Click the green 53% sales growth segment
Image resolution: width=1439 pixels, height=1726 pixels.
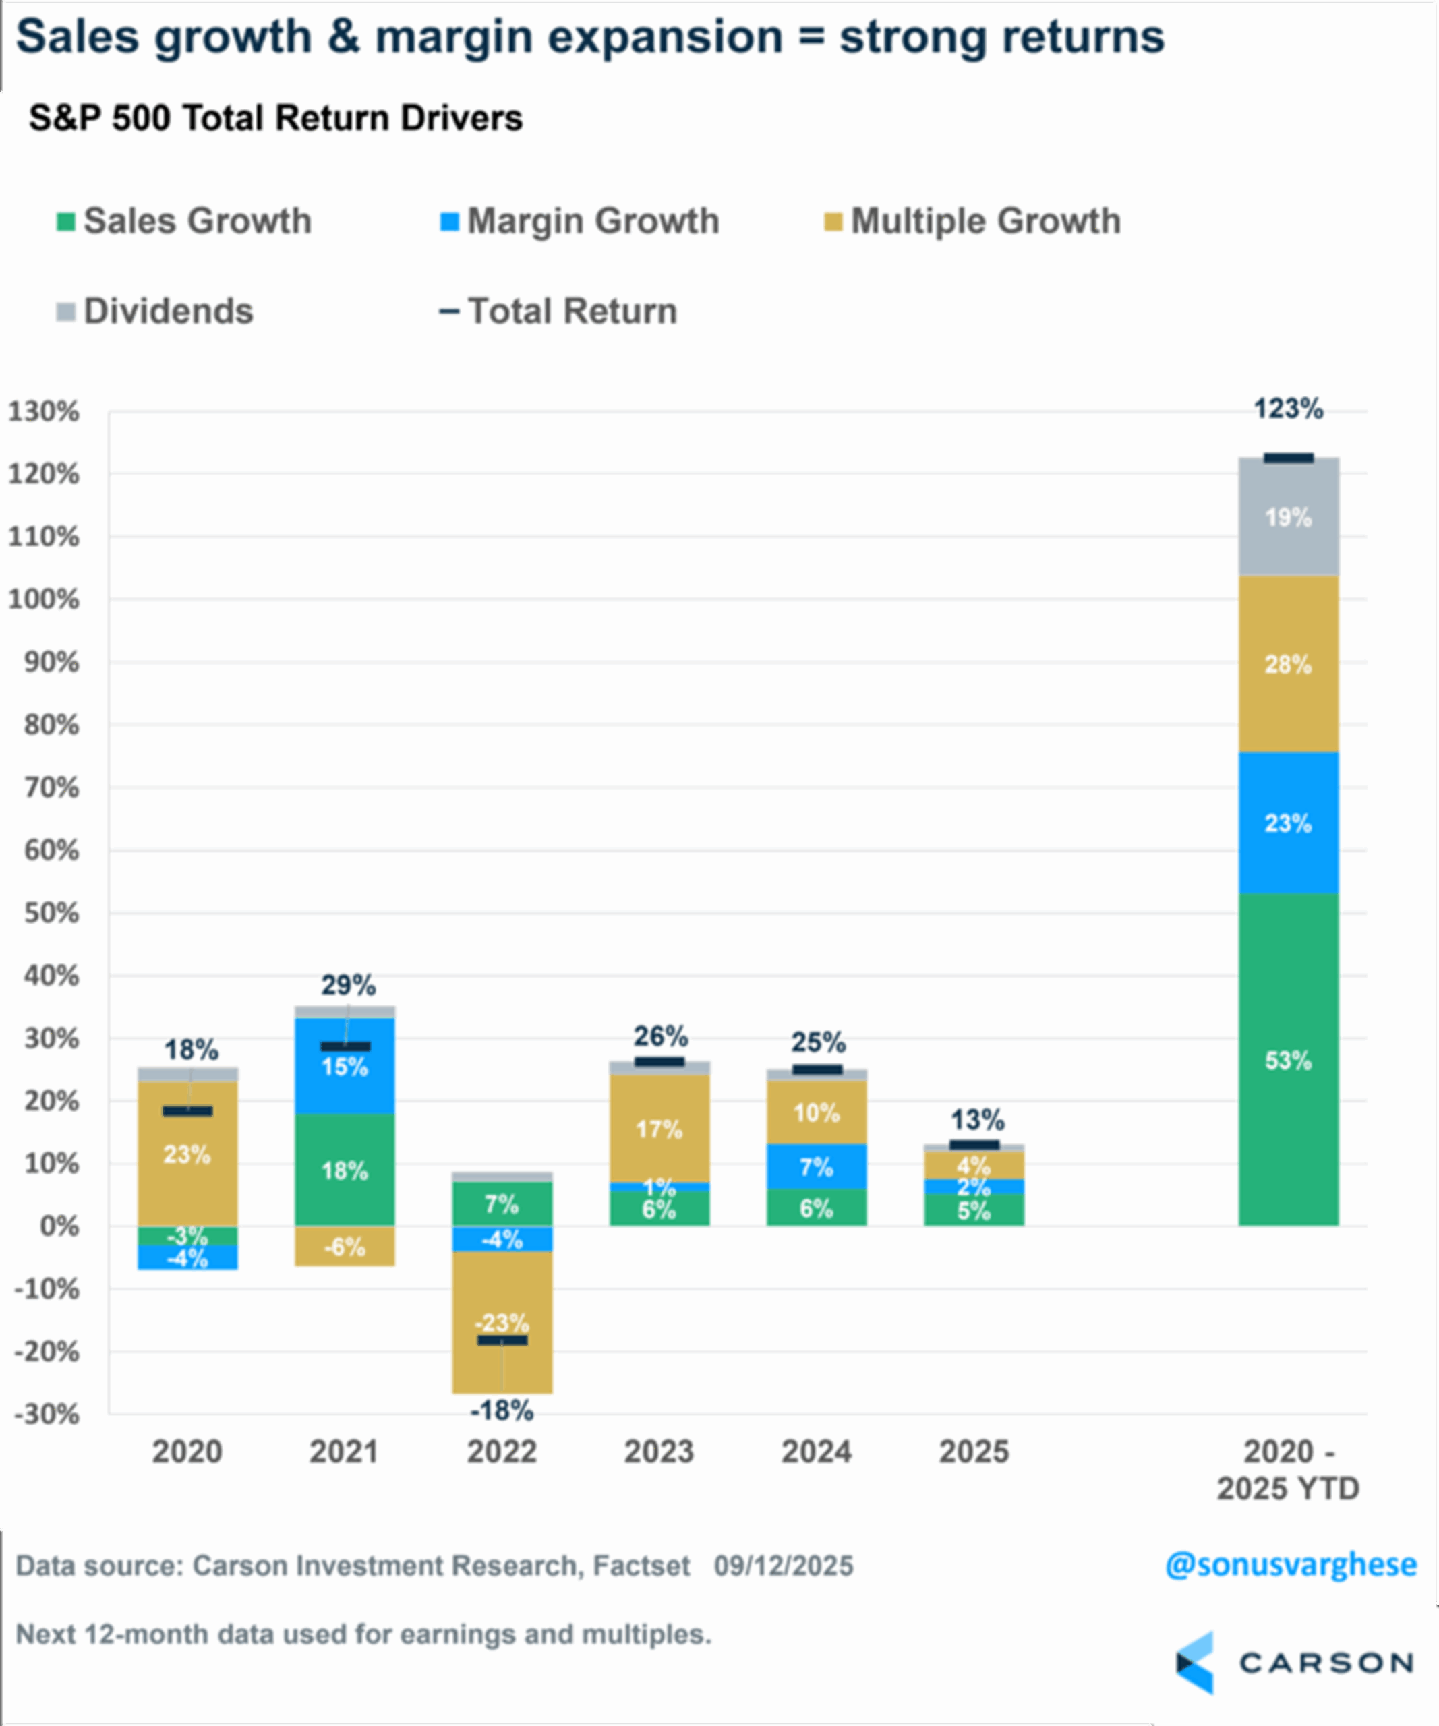1288,1061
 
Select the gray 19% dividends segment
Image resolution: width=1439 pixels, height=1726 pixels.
1288,518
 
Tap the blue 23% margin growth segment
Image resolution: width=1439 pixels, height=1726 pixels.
1288,823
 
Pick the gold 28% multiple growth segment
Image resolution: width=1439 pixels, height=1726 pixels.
1288,664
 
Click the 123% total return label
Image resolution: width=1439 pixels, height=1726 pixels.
1288,409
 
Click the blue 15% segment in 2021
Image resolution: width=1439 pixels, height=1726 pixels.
345,1067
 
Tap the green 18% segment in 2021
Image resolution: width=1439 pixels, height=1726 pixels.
345,1170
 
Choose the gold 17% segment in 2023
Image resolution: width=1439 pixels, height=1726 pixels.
659,1129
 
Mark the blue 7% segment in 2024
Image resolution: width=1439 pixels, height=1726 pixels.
816,1166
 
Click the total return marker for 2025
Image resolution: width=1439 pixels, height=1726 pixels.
974,1145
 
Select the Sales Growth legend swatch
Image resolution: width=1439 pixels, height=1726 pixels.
65,222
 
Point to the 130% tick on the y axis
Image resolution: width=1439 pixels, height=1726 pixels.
45,411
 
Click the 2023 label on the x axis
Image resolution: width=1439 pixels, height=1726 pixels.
659,1452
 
